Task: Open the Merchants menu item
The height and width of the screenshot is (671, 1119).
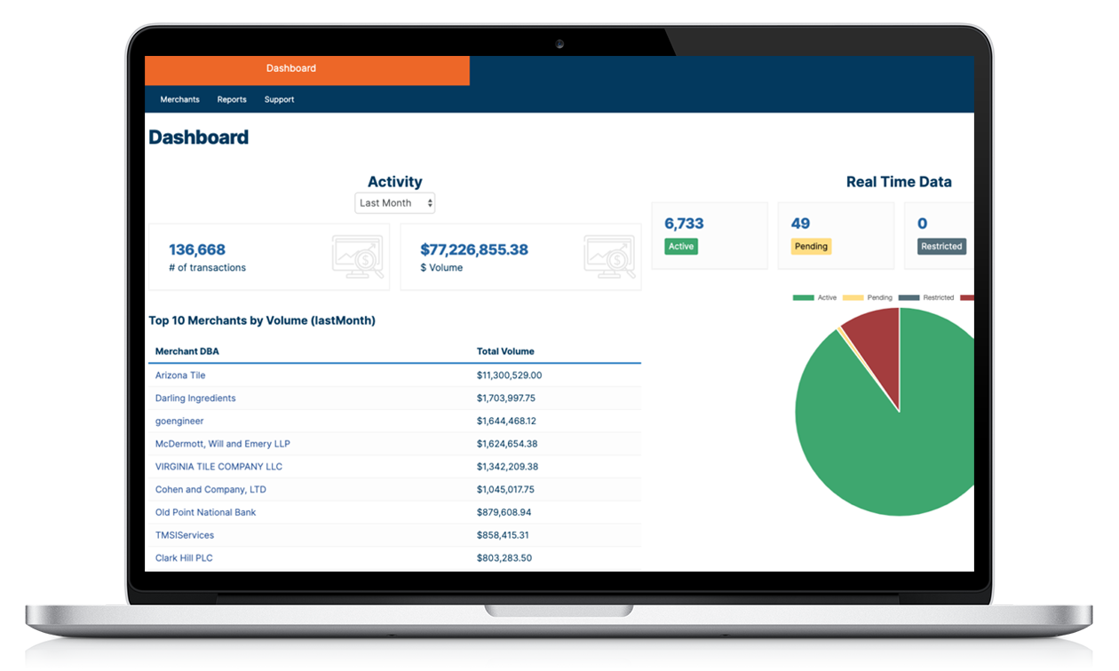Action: pos(179,99)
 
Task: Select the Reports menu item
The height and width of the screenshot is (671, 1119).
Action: pos(232,99)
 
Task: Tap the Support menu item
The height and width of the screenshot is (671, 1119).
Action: pos(279,99)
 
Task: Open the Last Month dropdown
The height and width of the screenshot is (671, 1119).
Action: pos(394,203)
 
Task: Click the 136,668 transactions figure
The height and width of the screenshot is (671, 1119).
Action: pos(197,249)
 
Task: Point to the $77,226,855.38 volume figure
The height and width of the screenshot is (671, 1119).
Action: pos(474,249)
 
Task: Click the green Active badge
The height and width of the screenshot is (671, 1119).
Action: pos(681,247)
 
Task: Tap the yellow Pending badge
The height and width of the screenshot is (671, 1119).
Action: pos(811,247)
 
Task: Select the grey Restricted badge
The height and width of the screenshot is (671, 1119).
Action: pos(941,247)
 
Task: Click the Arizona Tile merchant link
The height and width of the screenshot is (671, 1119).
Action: pos(180,375)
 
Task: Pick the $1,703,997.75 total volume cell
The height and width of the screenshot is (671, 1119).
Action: pos(505,399)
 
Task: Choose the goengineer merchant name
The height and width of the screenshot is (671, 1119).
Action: pos(179,421)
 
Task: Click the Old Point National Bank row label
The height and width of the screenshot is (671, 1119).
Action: pos(205,512)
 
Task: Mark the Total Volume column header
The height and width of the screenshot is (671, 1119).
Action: pos(505,351)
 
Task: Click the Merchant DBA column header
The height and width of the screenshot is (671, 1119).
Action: pos(186,351)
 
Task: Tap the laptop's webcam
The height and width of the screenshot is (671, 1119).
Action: pos(559,43)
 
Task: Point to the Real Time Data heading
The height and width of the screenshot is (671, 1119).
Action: pos(899,182)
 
